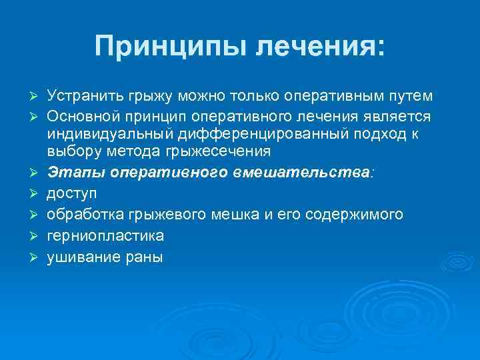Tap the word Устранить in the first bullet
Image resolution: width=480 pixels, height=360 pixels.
coord(83,97)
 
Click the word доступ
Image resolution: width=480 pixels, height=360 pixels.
coord(71,194)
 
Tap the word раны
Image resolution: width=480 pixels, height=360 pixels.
coord(144,256)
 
